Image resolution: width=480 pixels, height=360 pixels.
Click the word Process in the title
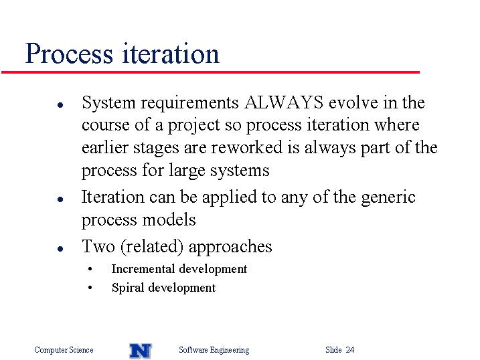(69, 54)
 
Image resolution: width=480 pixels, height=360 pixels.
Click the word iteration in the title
(171, 54)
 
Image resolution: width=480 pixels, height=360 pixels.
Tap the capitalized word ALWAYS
(284, 102)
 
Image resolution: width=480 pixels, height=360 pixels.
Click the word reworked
(247, 147)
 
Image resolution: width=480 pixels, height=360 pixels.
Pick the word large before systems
(187, 171)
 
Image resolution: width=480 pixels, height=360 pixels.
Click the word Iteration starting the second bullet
(112, 197)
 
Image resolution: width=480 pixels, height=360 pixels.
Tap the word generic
(388, 197)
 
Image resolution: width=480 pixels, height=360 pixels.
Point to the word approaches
(230, 247)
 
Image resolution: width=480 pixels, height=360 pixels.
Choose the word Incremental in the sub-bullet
(143, 269)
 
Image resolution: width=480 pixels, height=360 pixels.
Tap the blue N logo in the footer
(141, 351)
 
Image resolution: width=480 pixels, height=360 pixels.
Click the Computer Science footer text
(64, 350)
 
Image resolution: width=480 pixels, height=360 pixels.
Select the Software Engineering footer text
(214, 350)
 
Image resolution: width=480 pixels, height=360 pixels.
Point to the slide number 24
(350, 349)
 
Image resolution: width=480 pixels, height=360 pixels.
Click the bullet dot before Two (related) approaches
(60, 249)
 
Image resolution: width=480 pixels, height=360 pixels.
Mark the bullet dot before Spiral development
(90, 288)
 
